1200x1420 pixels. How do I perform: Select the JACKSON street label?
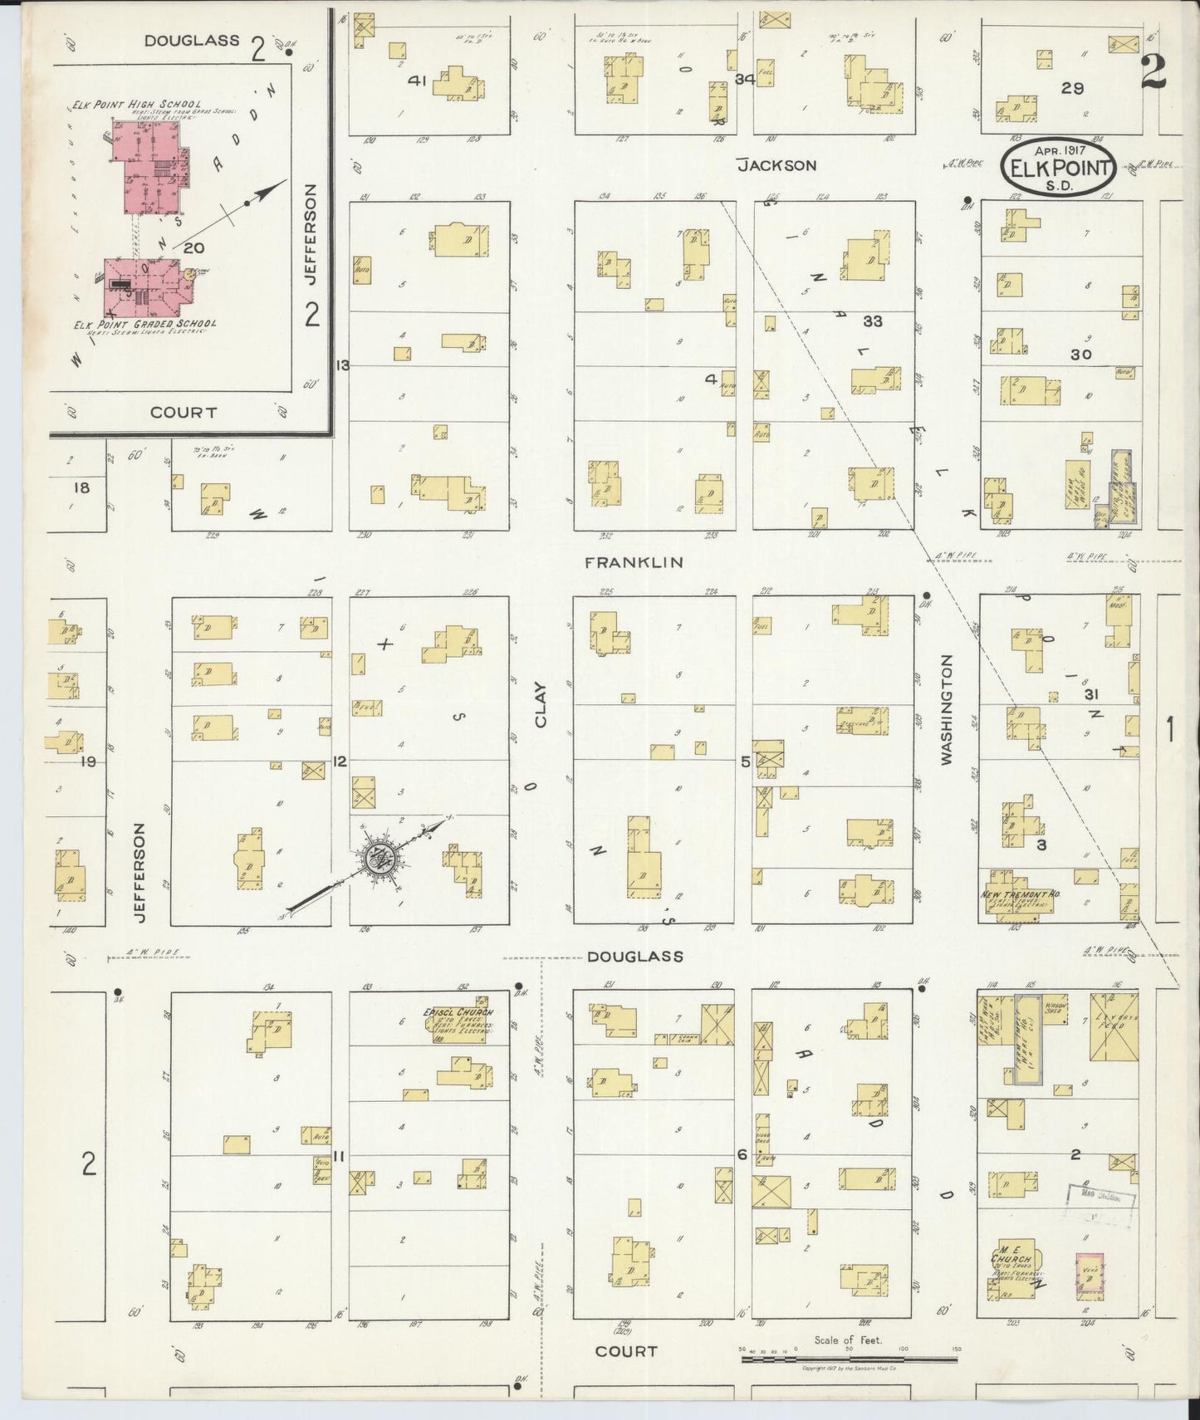click(777, 165)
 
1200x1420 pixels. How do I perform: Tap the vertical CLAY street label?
click(541, 705)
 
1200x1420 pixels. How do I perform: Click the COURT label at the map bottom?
click(626, 1351)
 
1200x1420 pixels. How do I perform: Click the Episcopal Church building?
click(461, 1025)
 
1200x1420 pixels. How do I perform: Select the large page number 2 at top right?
click(1153, 72)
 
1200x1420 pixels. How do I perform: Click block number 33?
click(872, 321)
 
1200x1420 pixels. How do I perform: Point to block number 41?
click(418, 81)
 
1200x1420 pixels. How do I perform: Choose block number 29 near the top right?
click(1072, 87)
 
